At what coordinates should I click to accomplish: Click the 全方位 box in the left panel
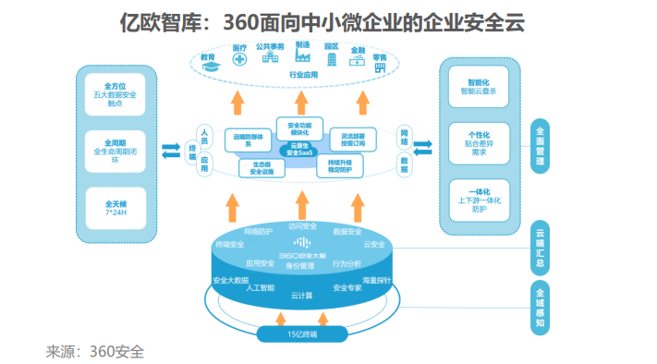click(x=119, y=95)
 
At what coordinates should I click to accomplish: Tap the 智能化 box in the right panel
click(x=478, y=88)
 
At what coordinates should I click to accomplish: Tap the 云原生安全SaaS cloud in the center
click(x=298, y=148)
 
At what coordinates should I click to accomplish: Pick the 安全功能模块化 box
click(x=298, y=128)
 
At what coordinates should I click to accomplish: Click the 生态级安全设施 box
click(x=255, y=167)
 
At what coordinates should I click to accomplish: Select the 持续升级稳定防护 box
click(x=341, y=167)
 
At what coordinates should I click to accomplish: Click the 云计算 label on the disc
click(x=300, y=296)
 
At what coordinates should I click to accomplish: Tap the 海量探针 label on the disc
click(x=377, y=279)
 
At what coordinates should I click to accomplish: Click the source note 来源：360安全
click(x=95, y=352)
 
